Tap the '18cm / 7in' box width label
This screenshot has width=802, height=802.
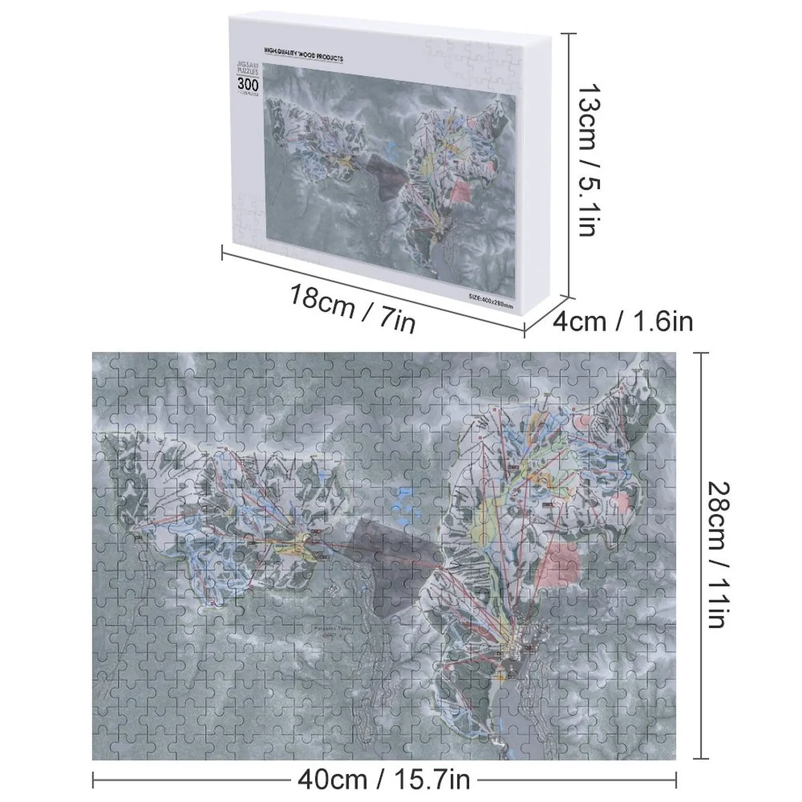(x=352, y=308)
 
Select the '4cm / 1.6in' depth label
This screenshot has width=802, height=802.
(x=623, y=321)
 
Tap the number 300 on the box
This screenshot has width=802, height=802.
(x=248, y=84)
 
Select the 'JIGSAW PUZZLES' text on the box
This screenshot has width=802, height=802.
(x=248, y=69)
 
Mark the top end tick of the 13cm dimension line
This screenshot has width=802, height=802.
(x=568, y=34)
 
